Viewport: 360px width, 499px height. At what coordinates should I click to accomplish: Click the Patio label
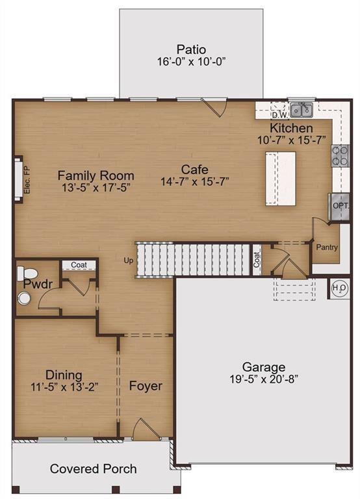click(x=191, y=49)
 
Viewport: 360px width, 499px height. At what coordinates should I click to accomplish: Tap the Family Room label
click(x=96, y=175)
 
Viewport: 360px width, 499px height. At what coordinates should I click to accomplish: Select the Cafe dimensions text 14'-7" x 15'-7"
click(x=195, y=183)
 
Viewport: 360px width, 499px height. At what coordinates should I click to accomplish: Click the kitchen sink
click(x=301, y=109)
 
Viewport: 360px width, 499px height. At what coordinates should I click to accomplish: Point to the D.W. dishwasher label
click(x=277, y=110)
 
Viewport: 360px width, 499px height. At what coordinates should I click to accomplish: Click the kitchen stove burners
click(x=341, y=155)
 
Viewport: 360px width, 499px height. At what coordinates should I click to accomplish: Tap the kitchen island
click(x=280, y=178)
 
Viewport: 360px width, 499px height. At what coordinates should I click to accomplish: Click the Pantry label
click(x=326, y=248)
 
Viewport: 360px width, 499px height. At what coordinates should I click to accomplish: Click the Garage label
click(x=264, y=366)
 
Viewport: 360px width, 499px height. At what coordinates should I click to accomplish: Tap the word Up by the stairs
click(x=129, y=261)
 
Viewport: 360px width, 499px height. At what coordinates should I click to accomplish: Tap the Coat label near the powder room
click(x=79, y=265)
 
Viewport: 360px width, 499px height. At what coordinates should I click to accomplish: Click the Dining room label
click(x=64, y=374)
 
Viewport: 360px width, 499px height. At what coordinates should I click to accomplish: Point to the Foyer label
click(x=146, y=386)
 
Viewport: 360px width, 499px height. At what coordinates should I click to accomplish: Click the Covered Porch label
click(x=94, y=468)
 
